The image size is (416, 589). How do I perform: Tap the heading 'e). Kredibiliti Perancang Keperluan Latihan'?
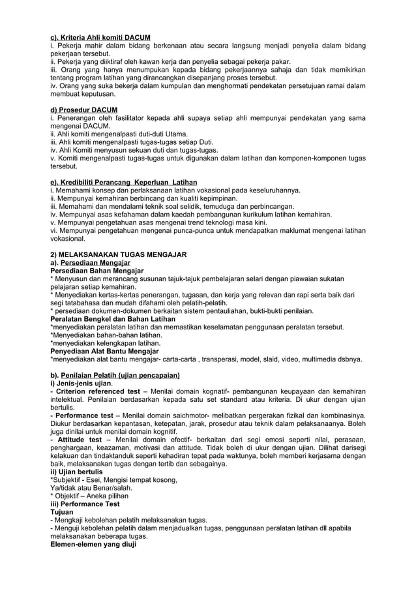click(123, 181)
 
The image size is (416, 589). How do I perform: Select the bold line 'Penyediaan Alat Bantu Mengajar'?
click(104, 351)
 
